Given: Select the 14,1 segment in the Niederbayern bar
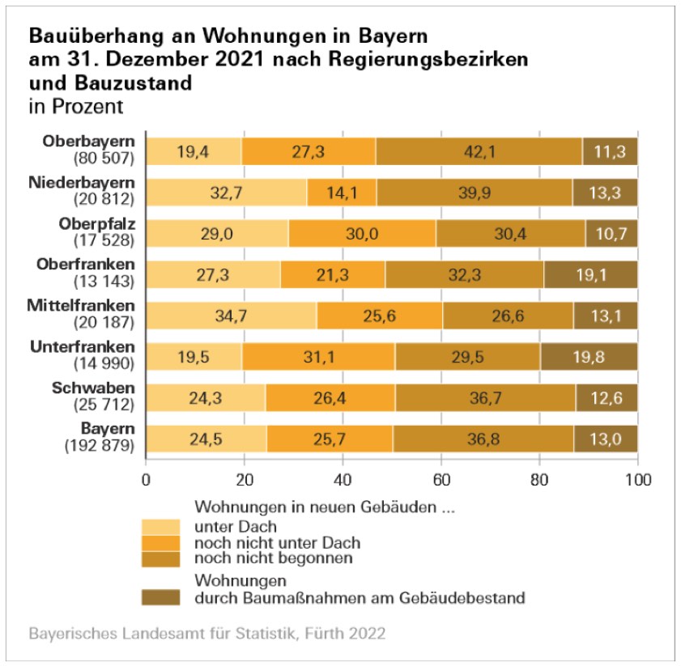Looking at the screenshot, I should coord(342,193).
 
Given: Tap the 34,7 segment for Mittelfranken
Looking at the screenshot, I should coord(231,316).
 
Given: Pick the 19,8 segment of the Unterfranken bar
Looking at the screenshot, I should coord(589,356).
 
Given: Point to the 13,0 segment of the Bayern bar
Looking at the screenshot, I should coord(606,438).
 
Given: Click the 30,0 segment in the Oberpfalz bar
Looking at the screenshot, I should coord(362,233).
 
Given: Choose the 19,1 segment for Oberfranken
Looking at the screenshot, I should coord(590,274).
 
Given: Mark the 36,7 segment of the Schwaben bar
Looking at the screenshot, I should coord(485,397).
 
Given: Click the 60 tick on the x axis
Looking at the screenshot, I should coord(441,478).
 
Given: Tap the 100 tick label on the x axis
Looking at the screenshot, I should coord(638,478).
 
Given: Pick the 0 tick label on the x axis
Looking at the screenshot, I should coord(146,478).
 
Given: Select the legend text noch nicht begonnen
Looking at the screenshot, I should coord(274,558).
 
